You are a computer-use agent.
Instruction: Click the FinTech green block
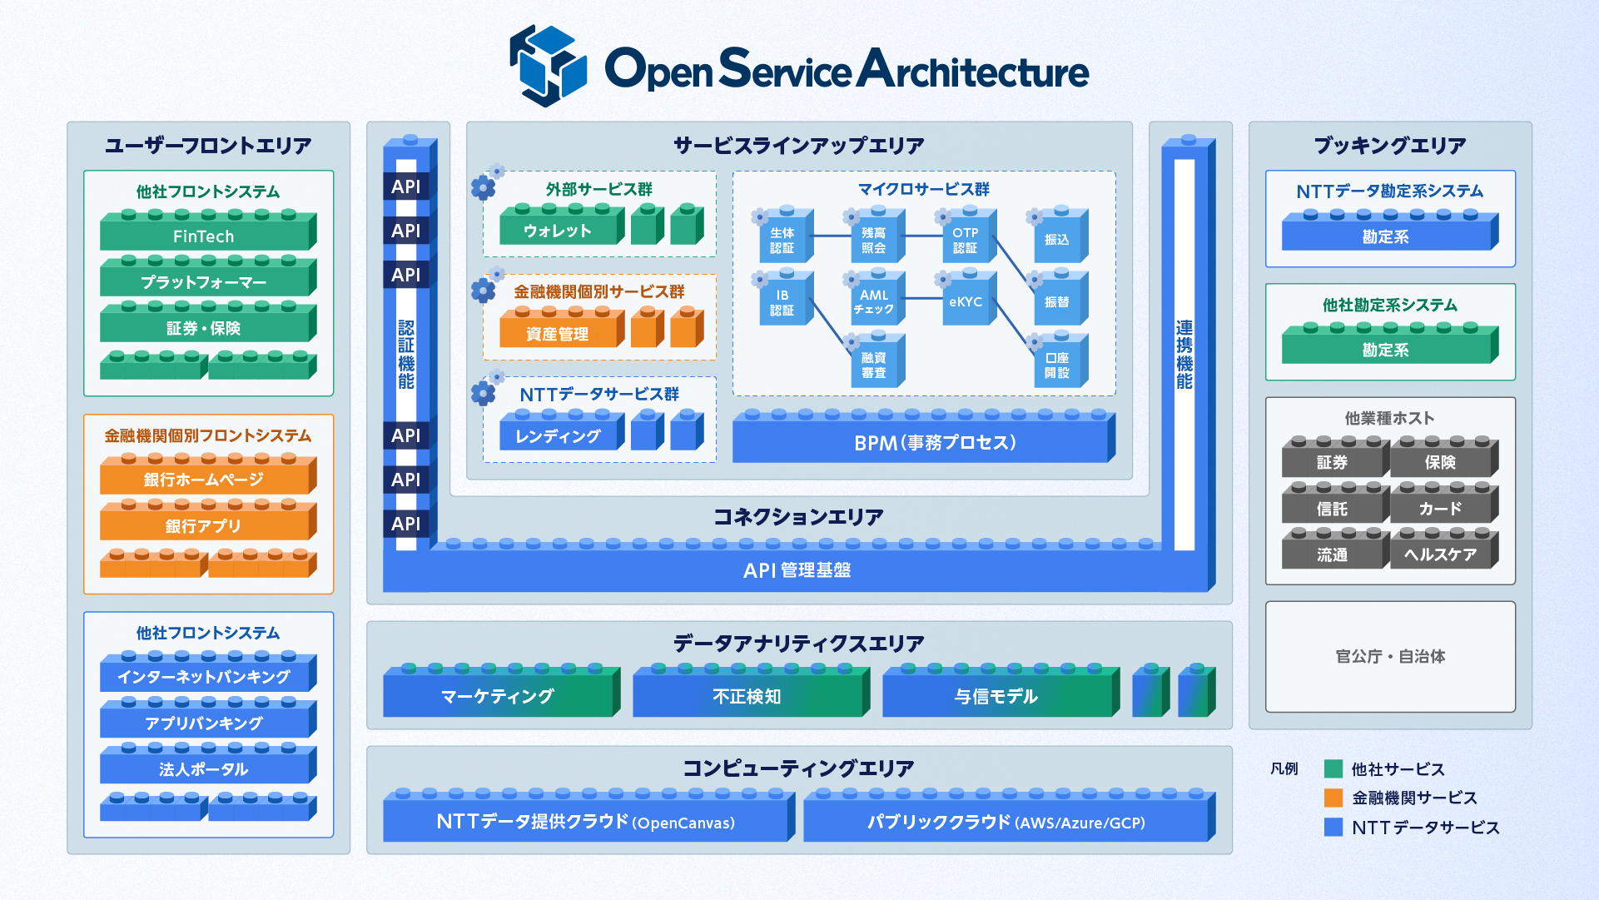pyautogui.click(x=204, y=236)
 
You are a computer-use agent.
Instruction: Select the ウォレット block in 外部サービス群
pyautogui.click(x=559, y=231)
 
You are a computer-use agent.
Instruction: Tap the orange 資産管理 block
pyautogui.click(x=559, y=333)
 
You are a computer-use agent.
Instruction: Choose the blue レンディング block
pyautogui.click(x=559, y=435)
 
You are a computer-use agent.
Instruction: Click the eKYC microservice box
pyautogui.click(x=966, y=302)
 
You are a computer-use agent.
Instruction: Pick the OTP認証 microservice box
pyautogui.click(x=966, y=240)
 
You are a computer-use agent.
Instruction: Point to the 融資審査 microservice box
pyautogui.click(x=874, y=365)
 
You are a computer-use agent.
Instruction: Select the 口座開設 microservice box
pyautogui.click(x=1057, y=365)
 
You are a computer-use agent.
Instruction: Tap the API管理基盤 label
pyautogui.click(x=797, y=570)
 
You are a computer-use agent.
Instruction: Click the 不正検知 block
pyautogui.click(x=747, y=696)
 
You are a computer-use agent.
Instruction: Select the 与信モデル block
pyautogui.click(x=996, y=696)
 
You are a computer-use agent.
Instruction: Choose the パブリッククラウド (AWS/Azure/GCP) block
pyautogui.click(x=1006, y=822)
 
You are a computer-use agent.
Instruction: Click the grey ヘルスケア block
pyautogui.click(x=1440, y=554)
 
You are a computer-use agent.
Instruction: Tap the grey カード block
pyautogui.click(x=1440, y=508)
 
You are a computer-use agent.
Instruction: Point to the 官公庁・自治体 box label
pyautogui.click(x=1390, y=656)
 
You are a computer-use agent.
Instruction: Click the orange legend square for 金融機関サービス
pyautogui.click(x=1333, y=798)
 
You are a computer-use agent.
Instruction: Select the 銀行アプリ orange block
pyautogui.click(x=204, y=525)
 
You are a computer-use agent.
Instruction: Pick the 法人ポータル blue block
pyautogui.click(x=204, y=768)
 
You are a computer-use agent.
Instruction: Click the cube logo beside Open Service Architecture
pyautogui.click(x=548, y=66)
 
